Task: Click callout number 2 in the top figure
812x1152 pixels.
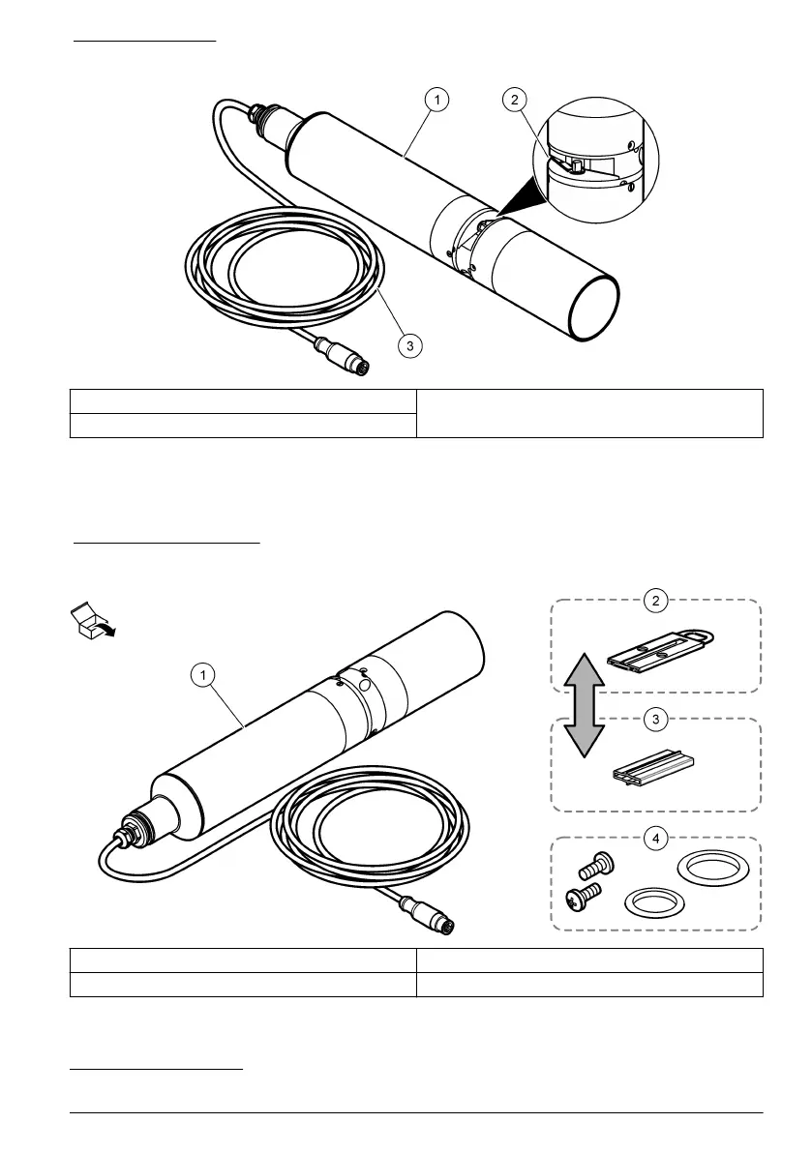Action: point(514,100)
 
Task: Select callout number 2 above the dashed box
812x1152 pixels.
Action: point(656,601)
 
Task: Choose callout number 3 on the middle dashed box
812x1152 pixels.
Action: point(656,720)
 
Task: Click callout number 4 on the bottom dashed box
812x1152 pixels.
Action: point(656,839)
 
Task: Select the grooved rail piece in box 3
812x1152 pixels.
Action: point(655,769)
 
